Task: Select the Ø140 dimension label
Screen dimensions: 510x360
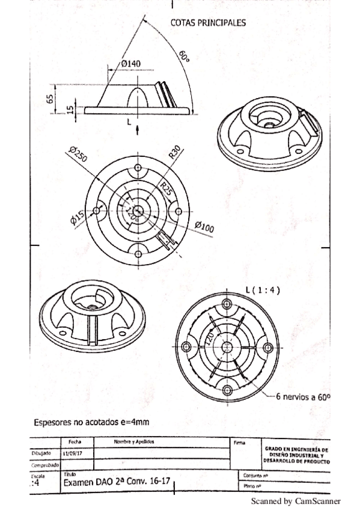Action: tap(130, 63)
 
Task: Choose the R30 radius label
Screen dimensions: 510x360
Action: tap(174, 152)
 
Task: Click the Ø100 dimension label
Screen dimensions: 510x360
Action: tap(205, 227)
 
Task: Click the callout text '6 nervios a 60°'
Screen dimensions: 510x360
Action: tap(303, 397)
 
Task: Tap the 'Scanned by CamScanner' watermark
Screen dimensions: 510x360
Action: tap(294, 500)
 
